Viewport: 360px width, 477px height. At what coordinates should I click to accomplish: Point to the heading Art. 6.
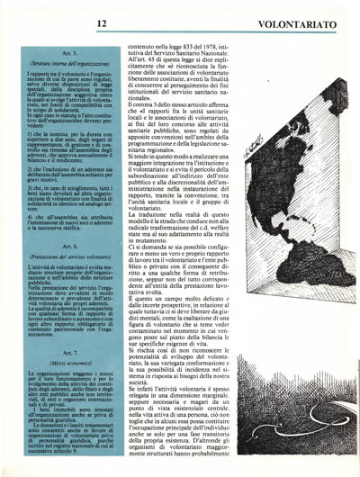pos(70,245)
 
